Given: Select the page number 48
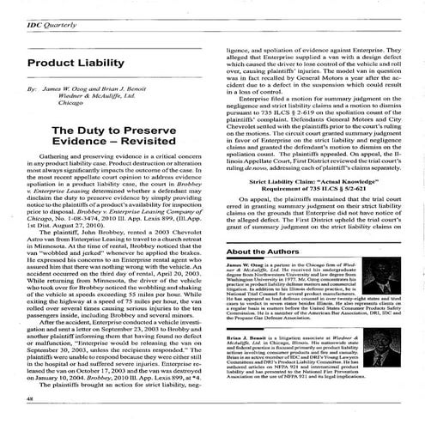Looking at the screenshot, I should click(x=32, y=400).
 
